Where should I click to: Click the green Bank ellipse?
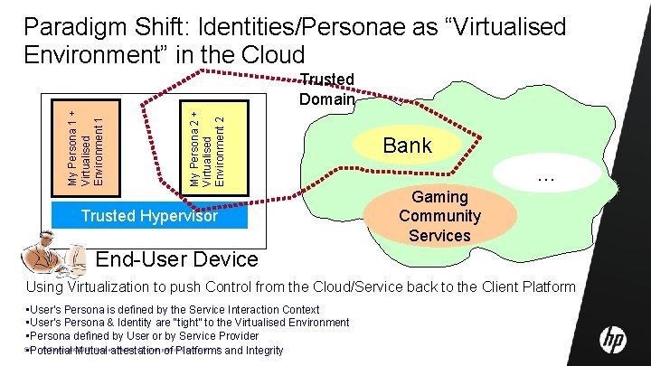[x=408, y=145]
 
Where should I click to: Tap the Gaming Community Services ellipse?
[x=439, y=216]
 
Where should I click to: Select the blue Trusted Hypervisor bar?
[x=149, y=216]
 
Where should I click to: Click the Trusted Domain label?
[x=326, y=89]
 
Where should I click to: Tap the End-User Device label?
[x=176, y=260]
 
